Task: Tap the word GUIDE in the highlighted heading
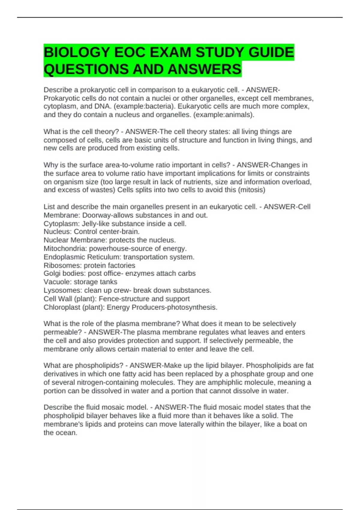point(271,52)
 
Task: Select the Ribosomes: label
point(62,265)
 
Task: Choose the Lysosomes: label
point(63,290)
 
